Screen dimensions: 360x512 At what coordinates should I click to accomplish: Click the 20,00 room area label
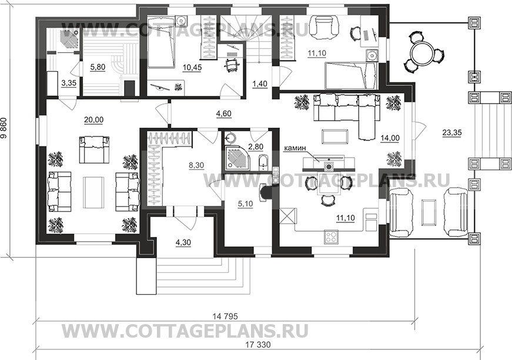click(x=93, y=119)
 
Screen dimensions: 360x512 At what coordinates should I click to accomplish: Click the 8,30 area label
click(x=196, y=166)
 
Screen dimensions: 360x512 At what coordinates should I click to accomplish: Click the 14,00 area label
click(x=389, y=138)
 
